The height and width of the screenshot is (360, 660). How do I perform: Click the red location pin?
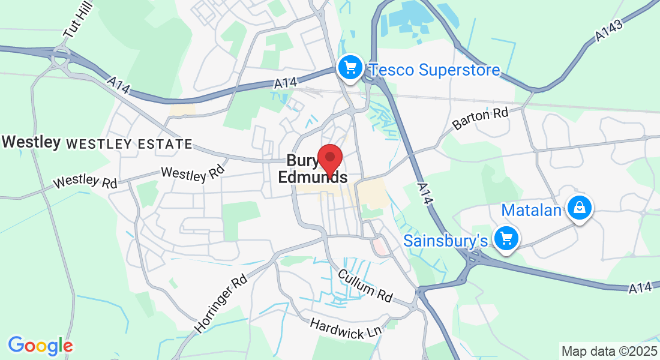point(329,158)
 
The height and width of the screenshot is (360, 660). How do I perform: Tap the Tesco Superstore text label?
point(434,70)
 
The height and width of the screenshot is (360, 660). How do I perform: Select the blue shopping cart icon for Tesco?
point(350,67)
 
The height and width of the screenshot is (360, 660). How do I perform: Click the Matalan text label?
point(532,211)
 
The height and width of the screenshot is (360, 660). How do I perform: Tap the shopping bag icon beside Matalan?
point(580,208)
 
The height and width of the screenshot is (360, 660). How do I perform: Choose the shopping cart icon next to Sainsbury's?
point(506,238)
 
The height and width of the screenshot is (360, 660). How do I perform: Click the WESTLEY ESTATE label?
point(129,144)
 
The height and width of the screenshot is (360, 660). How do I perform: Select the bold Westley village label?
point(31,142)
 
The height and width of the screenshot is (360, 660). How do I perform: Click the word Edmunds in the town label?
point(312,178)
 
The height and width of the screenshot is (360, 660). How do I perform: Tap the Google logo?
point(40,346)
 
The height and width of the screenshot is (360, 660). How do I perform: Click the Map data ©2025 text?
point(608,351)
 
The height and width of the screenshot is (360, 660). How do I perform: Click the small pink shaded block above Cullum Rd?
point(379,245)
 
